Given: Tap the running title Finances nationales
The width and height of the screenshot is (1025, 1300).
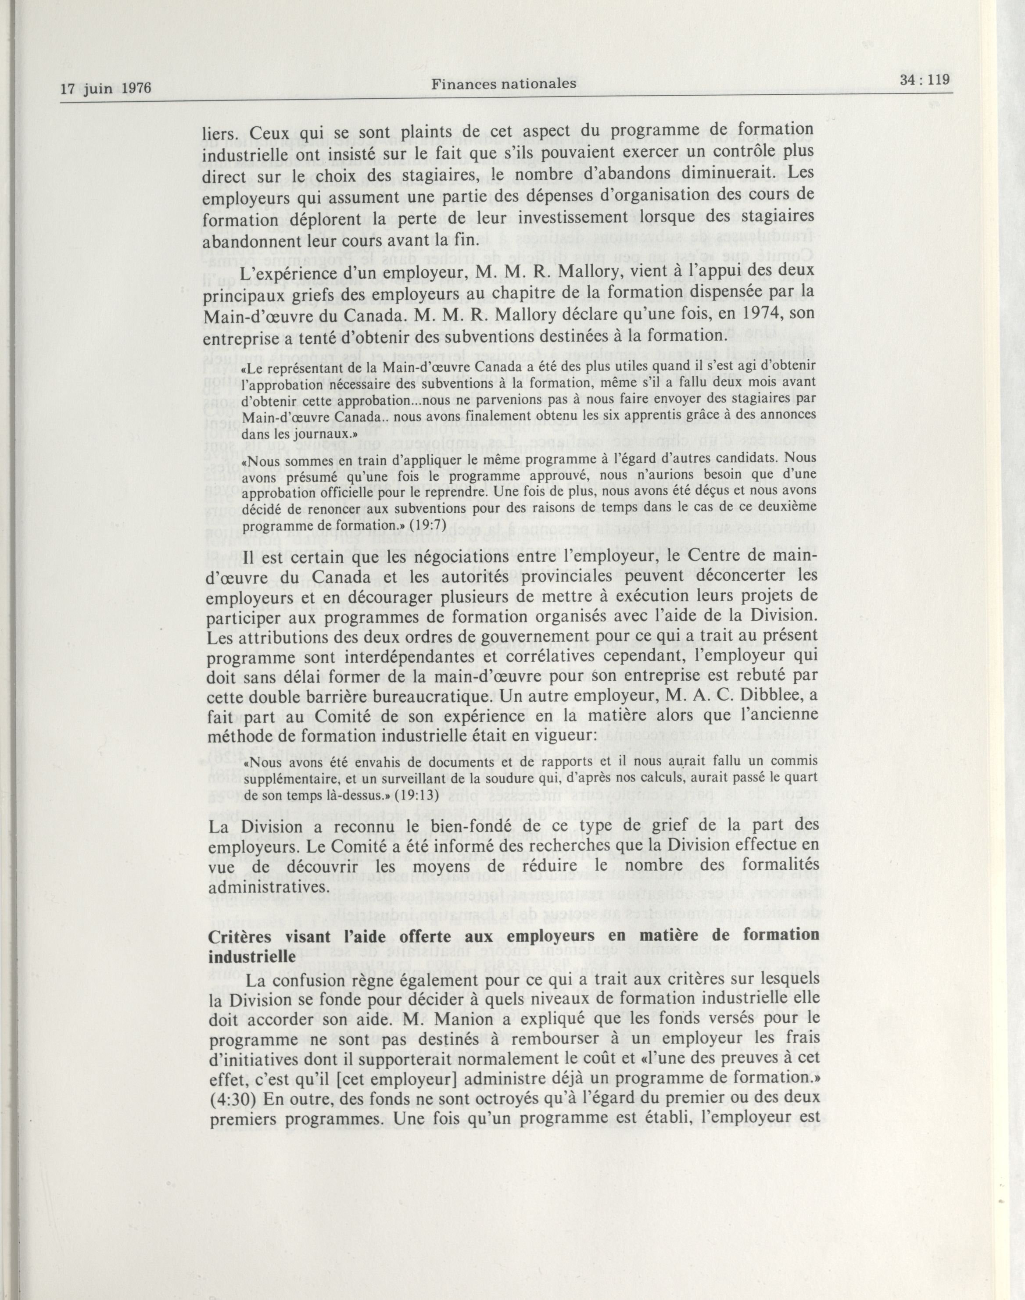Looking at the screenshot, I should (x=503, y=84).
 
